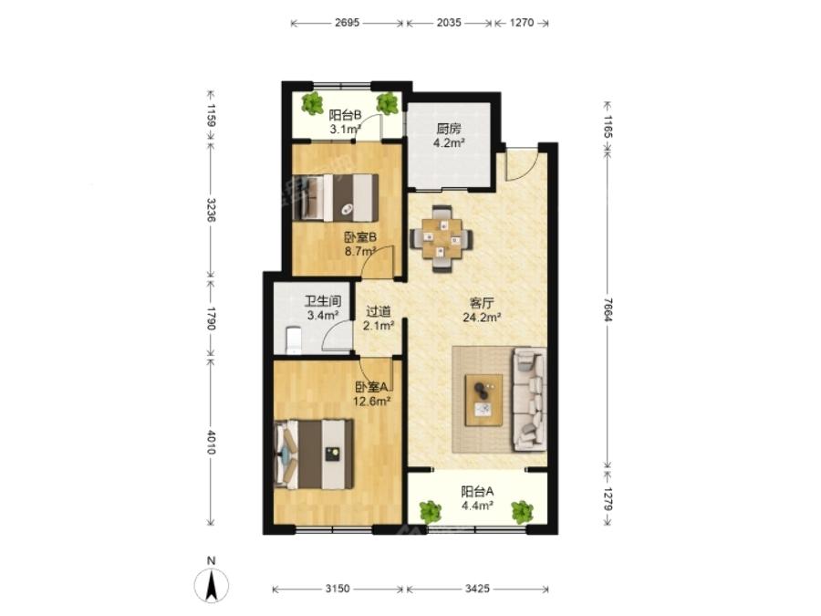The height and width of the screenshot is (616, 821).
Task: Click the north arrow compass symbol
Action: [211, 585]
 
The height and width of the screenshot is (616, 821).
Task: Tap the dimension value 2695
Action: [347, 23]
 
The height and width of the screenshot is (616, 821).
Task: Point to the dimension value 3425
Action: [477, 589]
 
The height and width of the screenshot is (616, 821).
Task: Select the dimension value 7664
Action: [607, 308]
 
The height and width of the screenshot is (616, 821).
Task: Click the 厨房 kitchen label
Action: [448, 129]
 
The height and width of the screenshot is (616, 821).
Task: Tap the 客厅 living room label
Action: [482, 303]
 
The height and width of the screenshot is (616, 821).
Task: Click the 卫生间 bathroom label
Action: [323, 301]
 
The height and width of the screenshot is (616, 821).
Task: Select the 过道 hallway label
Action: [378, 311]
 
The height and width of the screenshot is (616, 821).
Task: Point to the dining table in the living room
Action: [442, 238]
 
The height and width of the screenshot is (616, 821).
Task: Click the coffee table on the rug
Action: [483, 400]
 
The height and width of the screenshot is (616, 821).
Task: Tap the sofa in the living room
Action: [529, 399]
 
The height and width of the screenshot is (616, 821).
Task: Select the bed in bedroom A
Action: [314, 454]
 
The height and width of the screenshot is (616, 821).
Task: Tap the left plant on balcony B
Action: [313, 103]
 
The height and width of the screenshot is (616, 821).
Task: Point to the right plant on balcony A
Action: [522, 512]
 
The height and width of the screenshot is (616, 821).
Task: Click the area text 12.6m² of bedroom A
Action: [372, 402]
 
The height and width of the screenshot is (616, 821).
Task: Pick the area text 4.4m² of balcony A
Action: [477, 506]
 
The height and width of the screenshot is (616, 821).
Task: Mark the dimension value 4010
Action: [211, 442]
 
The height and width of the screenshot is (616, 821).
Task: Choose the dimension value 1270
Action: [521, 23]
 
